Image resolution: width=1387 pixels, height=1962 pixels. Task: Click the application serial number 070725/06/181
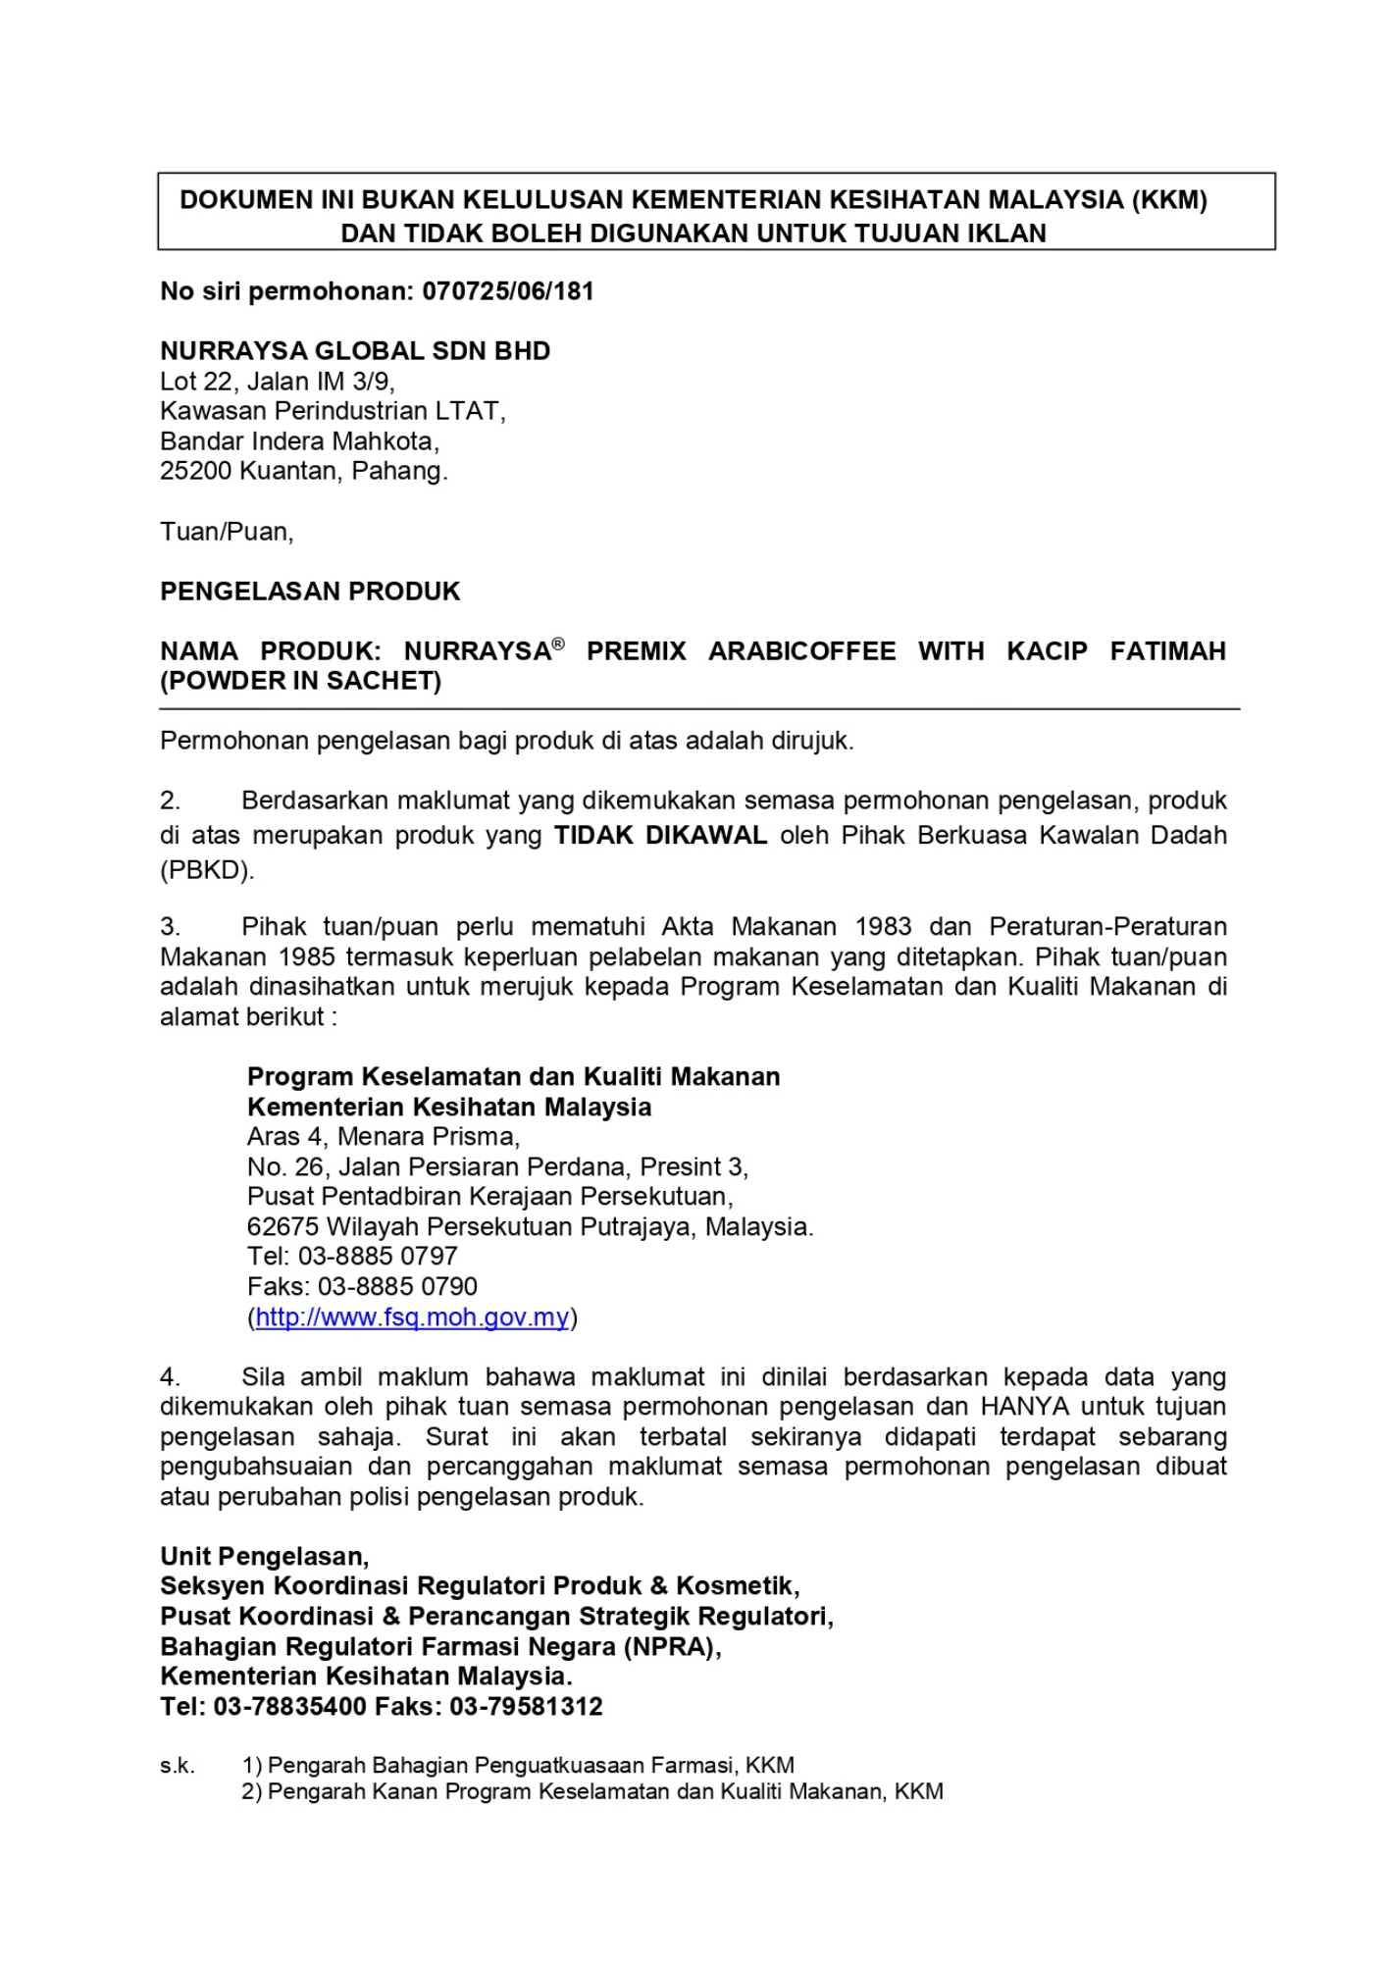508,291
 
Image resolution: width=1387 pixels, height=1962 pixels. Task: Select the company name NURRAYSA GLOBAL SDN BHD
355,351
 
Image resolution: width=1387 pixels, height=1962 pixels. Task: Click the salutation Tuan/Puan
227,532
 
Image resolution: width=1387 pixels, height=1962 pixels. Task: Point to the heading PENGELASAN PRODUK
310,592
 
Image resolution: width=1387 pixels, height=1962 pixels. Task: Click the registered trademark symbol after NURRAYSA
558,645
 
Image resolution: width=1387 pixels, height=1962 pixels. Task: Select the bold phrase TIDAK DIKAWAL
660,835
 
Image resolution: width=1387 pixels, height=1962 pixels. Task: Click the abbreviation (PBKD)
207,870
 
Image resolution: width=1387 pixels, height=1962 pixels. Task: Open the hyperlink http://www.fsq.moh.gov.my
412,1317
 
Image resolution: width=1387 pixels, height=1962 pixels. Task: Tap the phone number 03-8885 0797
378,1257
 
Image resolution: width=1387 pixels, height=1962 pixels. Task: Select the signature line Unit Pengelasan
264,1557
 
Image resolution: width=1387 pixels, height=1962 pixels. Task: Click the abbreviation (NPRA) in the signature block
672,1647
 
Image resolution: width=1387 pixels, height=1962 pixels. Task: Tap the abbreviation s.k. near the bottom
178,1766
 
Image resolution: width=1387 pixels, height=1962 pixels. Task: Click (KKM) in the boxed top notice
1168,200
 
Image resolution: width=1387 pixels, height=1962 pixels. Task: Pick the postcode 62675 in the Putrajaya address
283,1227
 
